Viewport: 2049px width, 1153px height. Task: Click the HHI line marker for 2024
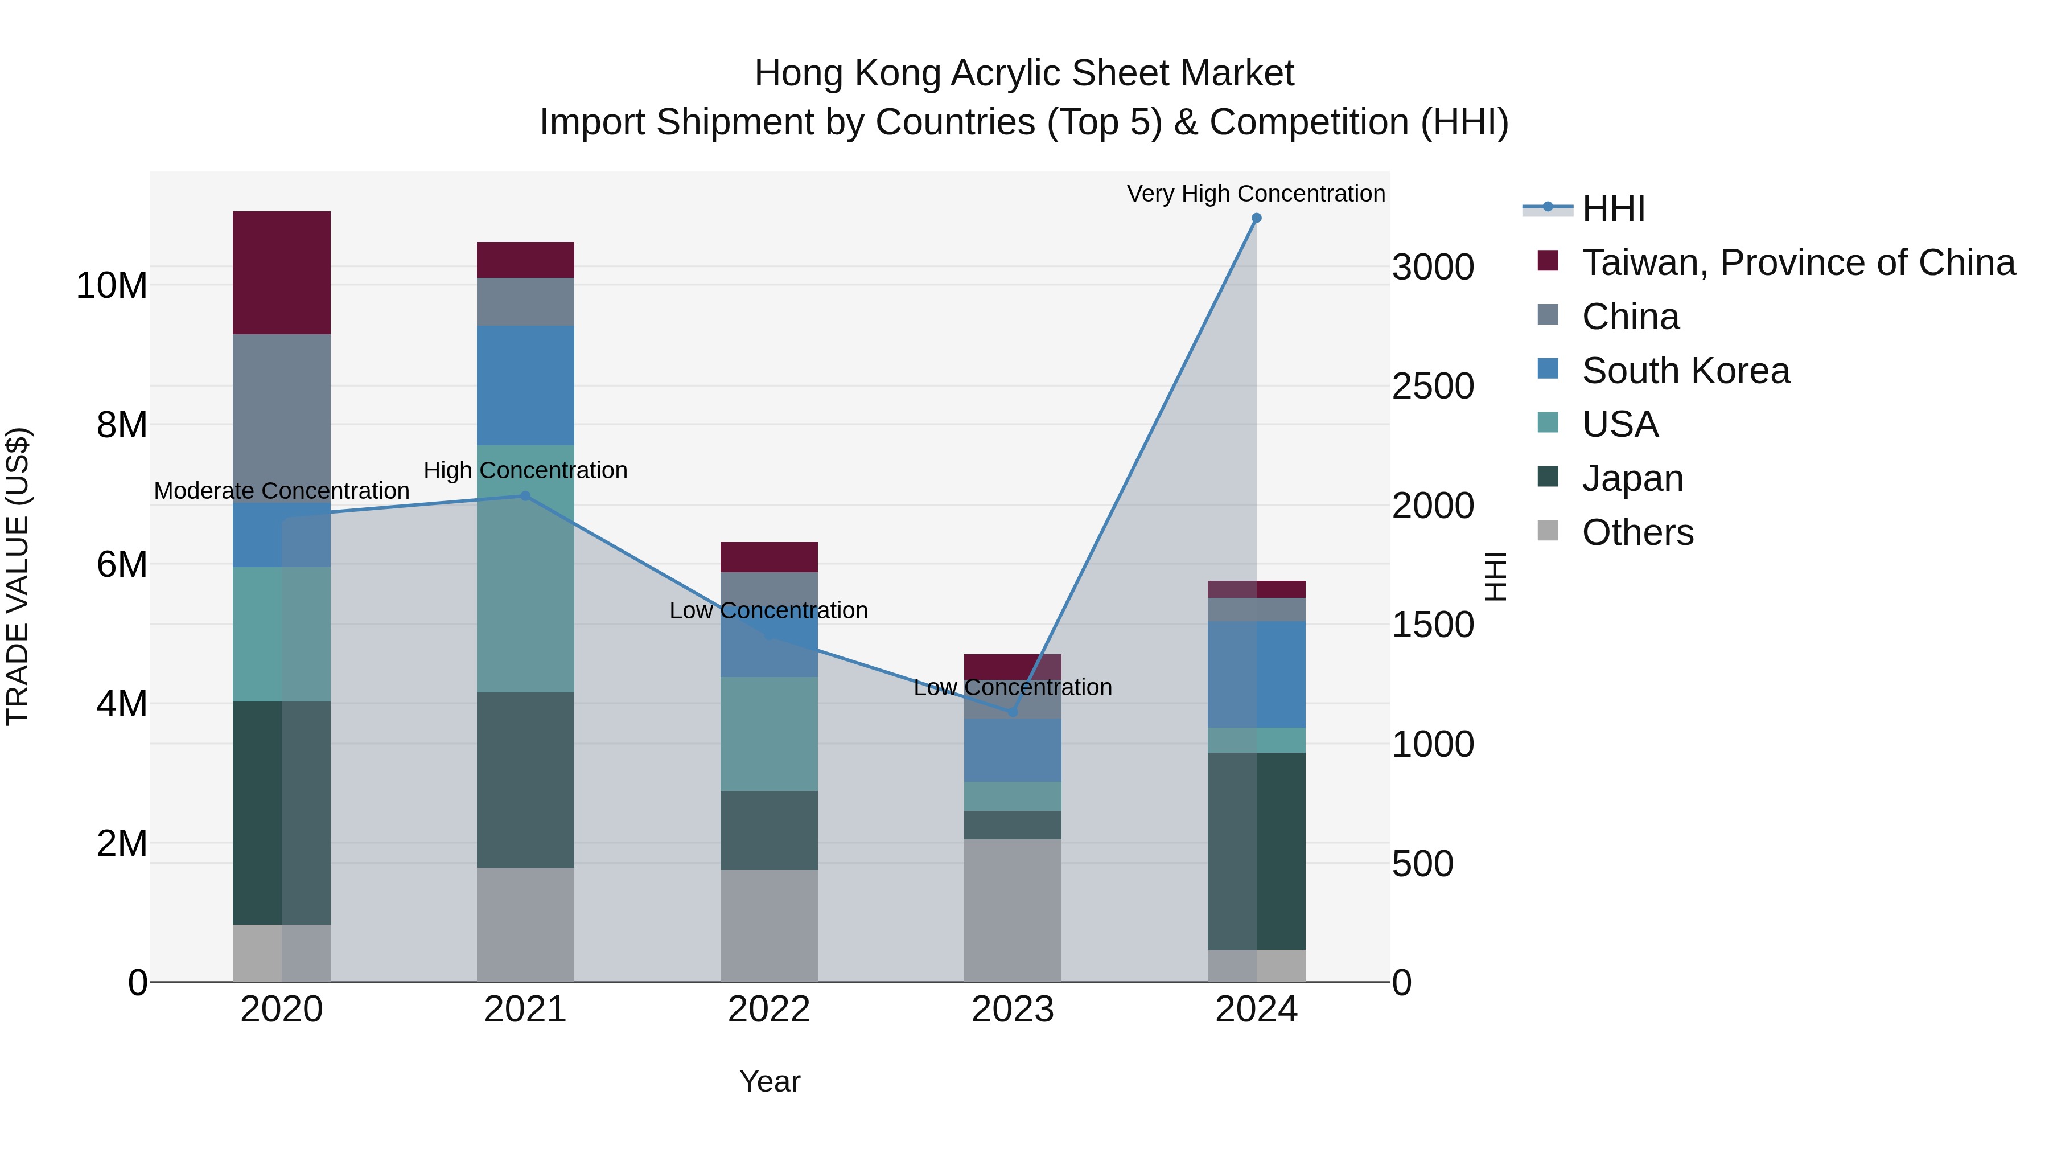(x=1256, y=218)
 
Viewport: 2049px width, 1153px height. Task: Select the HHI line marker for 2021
(x=525, y=496)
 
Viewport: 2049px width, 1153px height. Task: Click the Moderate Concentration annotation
(x=282, y=491)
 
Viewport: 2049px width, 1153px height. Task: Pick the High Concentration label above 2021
(x=525, y=470)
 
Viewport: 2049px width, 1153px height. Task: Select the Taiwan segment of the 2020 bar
(x=282, y=272)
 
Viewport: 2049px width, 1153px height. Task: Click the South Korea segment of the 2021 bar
(x=525, y=385)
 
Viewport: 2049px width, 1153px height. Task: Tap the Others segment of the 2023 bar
(x=1013, y=910)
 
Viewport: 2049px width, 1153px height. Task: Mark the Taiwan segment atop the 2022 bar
(x=768, y=557)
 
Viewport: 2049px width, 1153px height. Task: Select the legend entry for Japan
(x=1632, y=478)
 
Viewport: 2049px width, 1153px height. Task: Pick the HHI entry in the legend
(x=1613, y=208)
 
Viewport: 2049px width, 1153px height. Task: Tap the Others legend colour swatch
(x=1548, y=530)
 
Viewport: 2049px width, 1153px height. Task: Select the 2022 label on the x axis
(x=768, y=1010)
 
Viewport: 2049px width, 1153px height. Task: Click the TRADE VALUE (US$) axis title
(x=18, y=576)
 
